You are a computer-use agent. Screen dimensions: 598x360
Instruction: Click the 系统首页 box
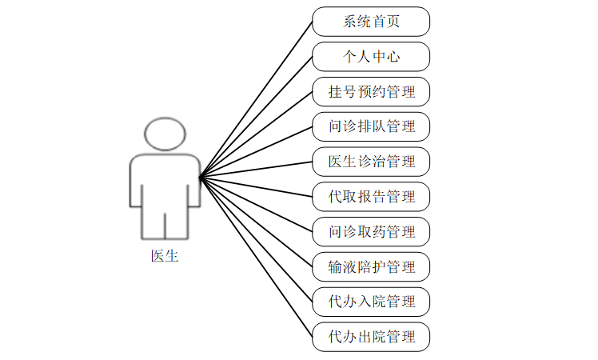coord(371,22)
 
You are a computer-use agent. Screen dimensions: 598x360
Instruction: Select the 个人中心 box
coord(371,57)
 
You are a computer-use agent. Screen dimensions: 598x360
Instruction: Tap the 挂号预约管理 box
coord(371,92)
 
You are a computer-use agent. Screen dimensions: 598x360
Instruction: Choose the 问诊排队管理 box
coord(371,126)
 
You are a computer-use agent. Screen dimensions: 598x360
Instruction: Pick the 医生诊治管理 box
coord(371,162)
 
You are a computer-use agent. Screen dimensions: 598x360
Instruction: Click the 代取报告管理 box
coord(371,196)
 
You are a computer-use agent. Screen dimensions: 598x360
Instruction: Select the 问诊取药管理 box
coord(371,231)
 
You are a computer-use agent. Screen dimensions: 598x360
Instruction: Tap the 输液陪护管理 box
coord(371,266)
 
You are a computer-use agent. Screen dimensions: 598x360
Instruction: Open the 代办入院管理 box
coord(371,302)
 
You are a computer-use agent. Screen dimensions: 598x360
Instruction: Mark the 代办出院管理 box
coord(371,336)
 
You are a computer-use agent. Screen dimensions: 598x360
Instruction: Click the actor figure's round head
coord(165,134)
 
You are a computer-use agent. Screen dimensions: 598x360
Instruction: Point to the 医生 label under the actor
coord(165,257)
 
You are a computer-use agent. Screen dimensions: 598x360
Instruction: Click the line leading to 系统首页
coord(256,98)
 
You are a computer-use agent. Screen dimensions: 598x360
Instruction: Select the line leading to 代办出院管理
coord(256,257)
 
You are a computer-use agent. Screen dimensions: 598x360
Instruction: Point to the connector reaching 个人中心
coord(256,117)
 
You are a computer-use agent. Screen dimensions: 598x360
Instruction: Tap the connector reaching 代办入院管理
coord(256,239)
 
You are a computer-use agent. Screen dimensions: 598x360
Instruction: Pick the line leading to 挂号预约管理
coord(256,134)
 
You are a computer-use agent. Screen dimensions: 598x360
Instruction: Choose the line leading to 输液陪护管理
coord(256,222)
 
